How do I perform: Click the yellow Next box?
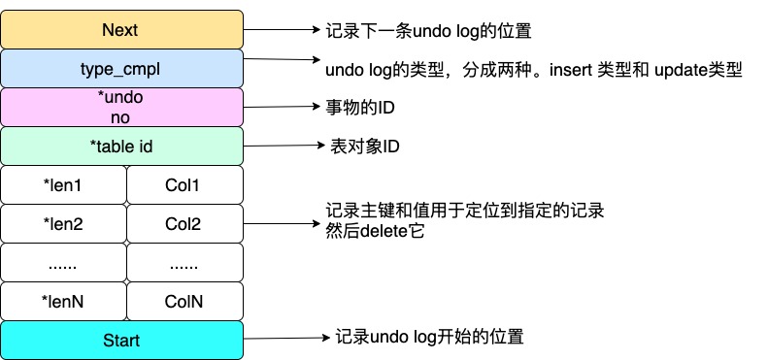pos(121,29)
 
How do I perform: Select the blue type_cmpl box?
pos(121,68)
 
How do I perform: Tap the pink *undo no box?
pos(121,107)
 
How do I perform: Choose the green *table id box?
pos(121,147)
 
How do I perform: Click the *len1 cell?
pos(63,184)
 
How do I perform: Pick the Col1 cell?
pos(183,184)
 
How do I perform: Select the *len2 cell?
pos(63,224)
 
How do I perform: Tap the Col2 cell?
pos(183,224)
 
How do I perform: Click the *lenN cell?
pos(63,302)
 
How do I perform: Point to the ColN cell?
pos(183,302)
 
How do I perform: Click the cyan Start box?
pos(121,341)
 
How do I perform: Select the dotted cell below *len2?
pos(63,263)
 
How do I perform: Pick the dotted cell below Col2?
pos(183,263)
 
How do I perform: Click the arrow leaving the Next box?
pos(282,29)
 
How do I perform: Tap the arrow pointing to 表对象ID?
pos(282,147)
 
